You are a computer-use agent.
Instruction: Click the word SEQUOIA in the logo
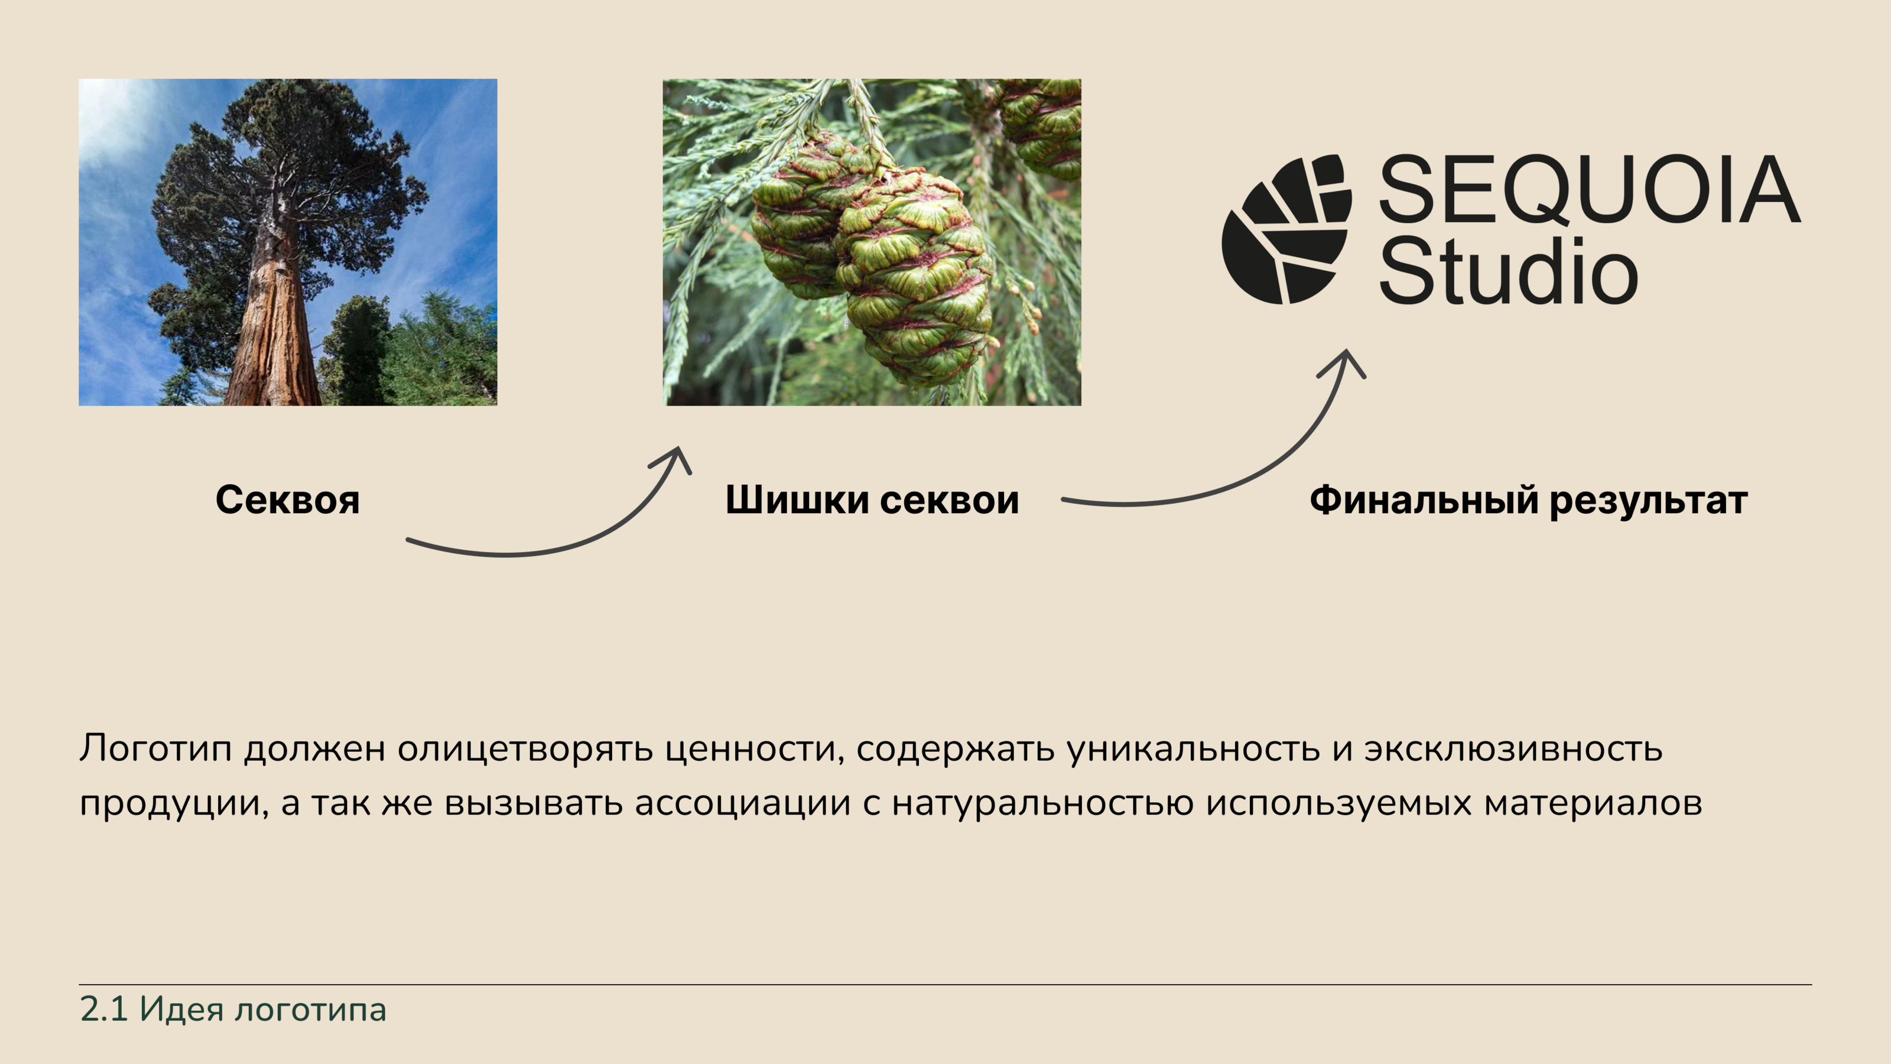click(1590, 189)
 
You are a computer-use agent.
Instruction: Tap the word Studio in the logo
click(1509, 270)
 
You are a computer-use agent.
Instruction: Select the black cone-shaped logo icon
click(1286, 229)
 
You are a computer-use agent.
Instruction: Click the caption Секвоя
click(288, 500)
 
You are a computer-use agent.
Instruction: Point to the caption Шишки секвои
click(872, 500)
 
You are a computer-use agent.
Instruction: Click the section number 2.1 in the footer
click(103, 1010)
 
